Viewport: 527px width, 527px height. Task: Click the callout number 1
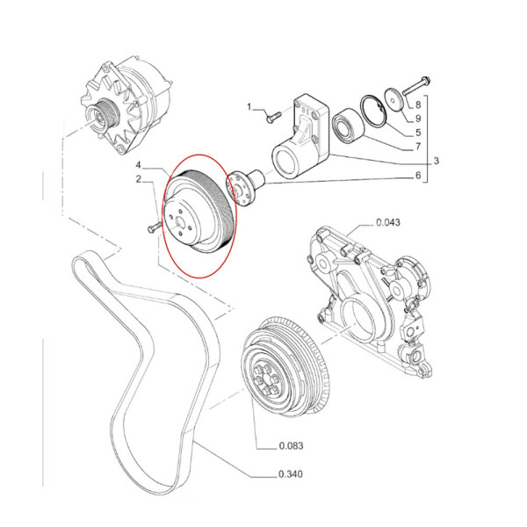[249, 108]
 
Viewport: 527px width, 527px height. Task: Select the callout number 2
[139, 180]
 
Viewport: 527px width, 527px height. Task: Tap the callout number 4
[139, 165]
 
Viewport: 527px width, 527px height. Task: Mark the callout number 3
[437, 161]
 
